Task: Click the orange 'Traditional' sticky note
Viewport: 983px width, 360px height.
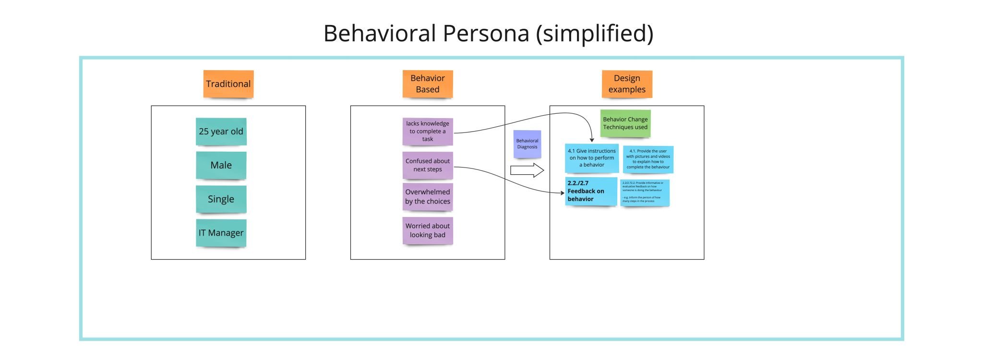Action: (228, 84)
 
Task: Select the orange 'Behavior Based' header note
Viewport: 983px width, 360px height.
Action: (427, 84)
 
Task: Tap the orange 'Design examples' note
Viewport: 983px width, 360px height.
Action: (626, 84)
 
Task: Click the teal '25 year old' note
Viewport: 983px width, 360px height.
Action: (221, 132)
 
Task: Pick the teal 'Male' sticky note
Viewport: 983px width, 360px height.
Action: (221, 165)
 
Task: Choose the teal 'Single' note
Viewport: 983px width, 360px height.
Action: (221, 199)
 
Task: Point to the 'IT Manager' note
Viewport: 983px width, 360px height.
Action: (221, 233)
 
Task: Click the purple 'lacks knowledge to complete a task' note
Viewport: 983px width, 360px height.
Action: (427, 131)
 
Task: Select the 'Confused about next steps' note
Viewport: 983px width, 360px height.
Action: (427, 165)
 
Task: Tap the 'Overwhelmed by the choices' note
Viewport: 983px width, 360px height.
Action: (427, 197)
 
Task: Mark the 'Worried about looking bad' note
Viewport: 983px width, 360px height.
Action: (427, 230)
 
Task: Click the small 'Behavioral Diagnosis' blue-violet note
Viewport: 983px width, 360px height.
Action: (527, 144)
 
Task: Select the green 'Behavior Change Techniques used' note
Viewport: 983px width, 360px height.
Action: (625, 123)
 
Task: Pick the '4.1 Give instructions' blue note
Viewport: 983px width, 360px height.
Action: (591, 158)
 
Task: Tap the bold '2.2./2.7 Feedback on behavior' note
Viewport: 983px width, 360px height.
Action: (591, 191)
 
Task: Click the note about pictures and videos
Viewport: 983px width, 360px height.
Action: (648, 159)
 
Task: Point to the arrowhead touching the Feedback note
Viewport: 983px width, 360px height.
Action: (563, 193)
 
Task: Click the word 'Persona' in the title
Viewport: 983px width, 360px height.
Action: (485, 34)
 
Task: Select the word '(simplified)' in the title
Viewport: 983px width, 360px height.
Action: (594, 34)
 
